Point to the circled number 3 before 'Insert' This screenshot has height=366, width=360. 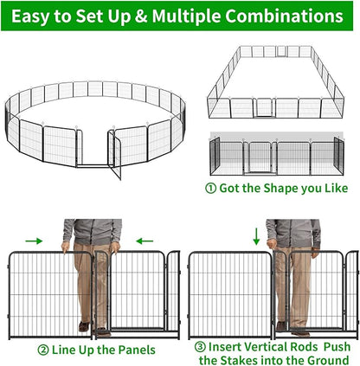[202, 345]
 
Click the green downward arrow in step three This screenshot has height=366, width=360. [257, 233]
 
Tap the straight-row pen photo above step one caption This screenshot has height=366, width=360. [278, 156]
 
